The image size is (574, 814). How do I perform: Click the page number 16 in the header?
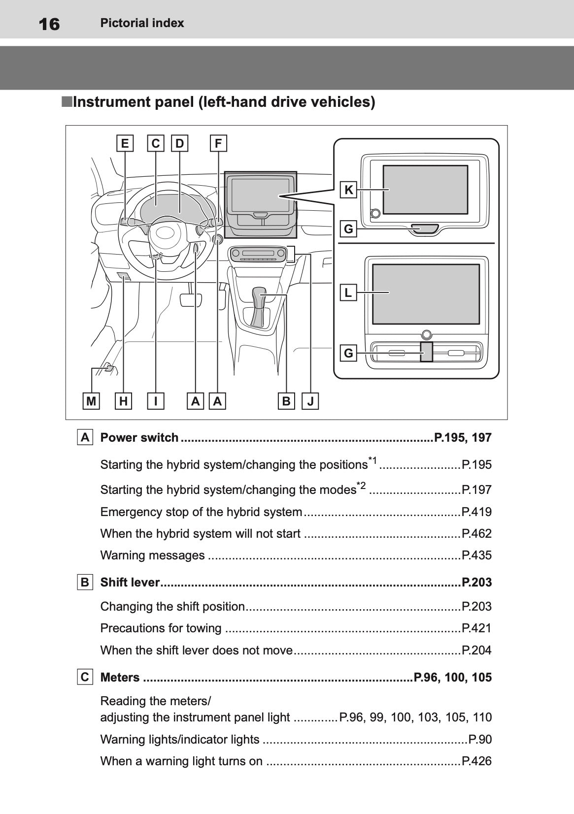[x=49, y=24]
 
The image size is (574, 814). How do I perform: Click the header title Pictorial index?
[x=142, y=23]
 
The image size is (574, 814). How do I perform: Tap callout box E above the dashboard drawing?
[x=125, y=143]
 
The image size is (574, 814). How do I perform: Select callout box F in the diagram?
[x=218, y=143]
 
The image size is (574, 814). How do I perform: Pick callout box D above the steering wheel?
[x=179, y=143]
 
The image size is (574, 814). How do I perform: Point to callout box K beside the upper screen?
[x=348, y=190]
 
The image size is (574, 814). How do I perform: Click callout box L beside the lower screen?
[x=348, y=293]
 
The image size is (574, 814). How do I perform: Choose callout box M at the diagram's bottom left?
[x=91, y=401]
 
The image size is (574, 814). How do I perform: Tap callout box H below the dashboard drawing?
[x=123, y=401]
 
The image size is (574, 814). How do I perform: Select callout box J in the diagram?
[x=310, y=401]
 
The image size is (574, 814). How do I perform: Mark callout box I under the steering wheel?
[x=156, y=401]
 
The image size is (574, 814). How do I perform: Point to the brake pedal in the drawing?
[x=191, y=299]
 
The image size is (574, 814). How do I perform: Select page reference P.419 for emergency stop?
[x=476, y=512]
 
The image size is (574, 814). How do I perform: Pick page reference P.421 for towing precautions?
[x=476, y=628]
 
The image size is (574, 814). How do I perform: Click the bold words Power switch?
[x=139, y=438]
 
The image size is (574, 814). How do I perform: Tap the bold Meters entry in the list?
[x=120, y=678]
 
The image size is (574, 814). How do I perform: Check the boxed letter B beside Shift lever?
[x=85, y=583]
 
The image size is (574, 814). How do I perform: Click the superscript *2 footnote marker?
[x=361, y=486]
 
